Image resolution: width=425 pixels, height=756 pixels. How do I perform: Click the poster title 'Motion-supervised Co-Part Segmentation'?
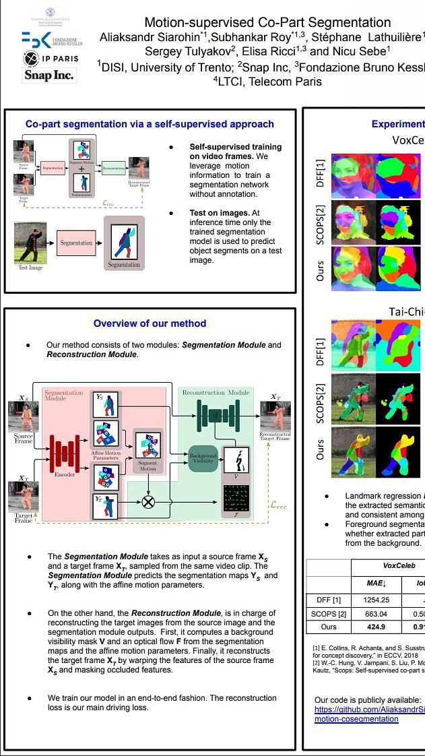pyautogui.click(x=267, y=23)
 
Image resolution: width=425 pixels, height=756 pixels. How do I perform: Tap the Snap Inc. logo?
pyautogui.click(x=48, y=75)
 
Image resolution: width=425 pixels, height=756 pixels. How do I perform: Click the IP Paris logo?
pyautogui.click(x=51, y=59)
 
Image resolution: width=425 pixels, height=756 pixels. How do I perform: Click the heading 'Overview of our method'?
pyautogui.click(x=150, y=323)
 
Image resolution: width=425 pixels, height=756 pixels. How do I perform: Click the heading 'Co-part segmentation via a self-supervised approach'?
pyautogui.click(x=150, y=124)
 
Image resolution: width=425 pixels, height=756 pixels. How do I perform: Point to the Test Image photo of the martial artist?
pyautogui.click(x=30, y=243)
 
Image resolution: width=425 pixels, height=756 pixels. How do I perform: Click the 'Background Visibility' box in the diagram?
pyautogui.click(x=203, y=459)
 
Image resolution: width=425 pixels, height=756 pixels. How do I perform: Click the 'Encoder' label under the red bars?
pyautogui.click(x=65, y=474)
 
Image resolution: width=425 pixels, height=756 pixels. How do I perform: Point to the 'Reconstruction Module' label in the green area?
pyautogui.click(x=216, y=392)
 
